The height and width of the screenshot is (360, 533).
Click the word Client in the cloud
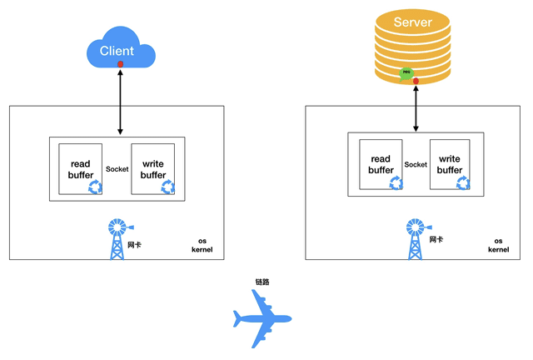(117, 51)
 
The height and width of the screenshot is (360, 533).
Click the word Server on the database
(413, 22)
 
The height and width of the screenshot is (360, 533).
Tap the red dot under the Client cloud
(121, 64)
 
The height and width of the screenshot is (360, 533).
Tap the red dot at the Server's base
(416, 80)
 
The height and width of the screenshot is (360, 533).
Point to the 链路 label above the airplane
(262, 282)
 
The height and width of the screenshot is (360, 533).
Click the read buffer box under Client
(81, 169)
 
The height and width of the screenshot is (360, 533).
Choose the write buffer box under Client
(153, 169)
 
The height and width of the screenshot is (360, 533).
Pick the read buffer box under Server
(381, 165)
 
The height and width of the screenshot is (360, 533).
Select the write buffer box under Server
(450, 165)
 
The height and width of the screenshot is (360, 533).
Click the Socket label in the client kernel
(117, 169)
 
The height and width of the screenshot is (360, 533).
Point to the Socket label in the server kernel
(416, 165)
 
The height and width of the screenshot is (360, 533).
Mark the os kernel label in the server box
(498, 245)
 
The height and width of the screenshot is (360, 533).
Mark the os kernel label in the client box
(202, 245)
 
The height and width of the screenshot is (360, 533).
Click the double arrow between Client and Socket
(121, 102)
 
